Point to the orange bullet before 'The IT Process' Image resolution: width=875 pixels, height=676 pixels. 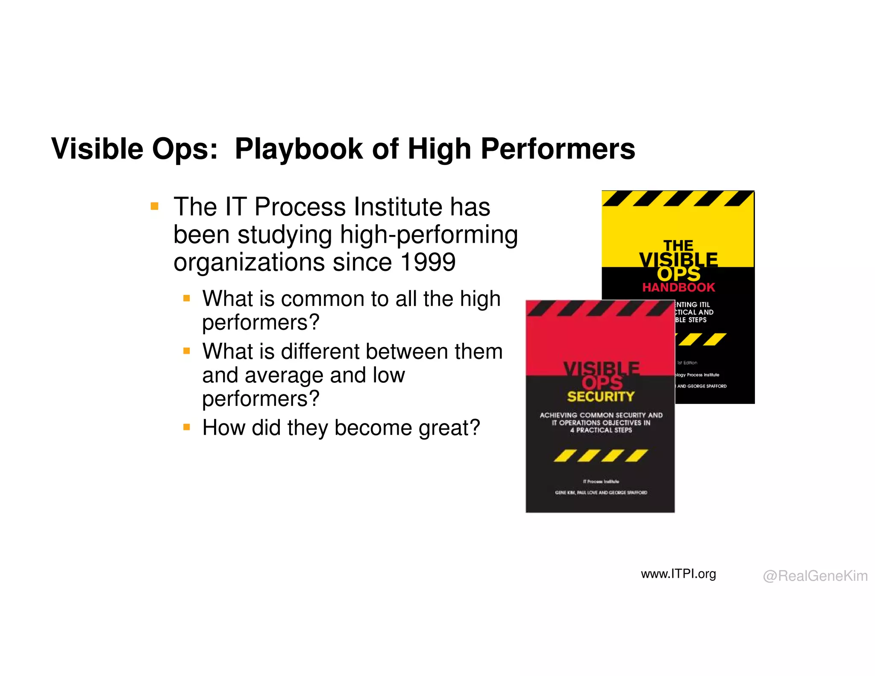click(155, 207)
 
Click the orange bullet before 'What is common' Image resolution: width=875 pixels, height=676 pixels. click(187, 298)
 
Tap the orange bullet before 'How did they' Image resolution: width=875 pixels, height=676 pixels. click(187, 427)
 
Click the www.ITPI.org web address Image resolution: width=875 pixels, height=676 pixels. click(678, 574)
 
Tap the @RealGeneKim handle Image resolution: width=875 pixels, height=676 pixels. click(815, 576)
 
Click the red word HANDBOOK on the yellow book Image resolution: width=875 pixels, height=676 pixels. click(678, 288)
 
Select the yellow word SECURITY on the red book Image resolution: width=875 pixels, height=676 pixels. click(601, 397)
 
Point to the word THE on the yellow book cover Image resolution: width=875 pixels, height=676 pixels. click(678, 246)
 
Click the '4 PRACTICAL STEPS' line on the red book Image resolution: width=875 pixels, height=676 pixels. click(601, 430)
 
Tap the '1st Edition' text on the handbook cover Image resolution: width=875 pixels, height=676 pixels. click(687, 363)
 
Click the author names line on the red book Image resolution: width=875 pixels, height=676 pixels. click(601, 493)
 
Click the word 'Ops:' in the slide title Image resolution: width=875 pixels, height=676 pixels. click(185, 150)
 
